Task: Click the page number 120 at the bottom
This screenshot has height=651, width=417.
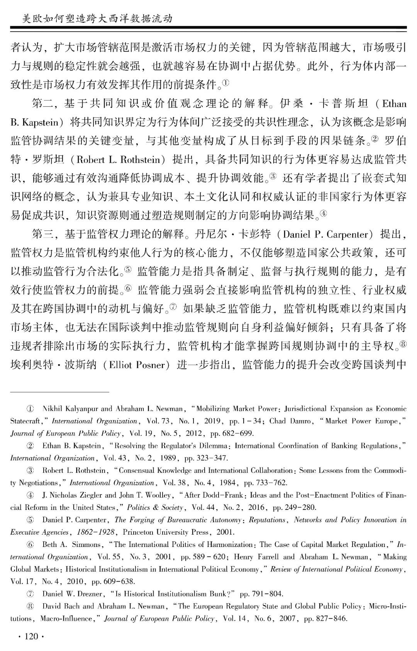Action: point(31,636)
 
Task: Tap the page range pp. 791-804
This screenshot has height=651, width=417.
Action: point(261,594)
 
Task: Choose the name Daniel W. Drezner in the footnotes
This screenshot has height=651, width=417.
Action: point(72,594)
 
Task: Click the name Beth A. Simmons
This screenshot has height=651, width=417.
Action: point(71,545)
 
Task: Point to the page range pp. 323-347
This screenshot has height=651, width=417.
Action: point(206,458)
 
